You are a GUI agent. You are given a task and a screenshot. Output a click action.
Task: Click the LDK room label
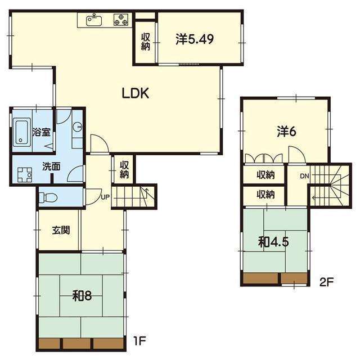tap(136, 94)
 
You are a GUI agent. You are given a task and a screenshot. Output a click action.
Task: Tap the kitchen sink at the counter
tap(93, 21)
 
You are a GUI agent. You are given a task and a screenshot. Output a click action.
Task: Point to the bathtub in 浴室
tap(22, 133)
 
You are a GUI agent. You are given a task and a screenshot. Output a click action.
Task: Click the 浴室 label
tap(42, 133)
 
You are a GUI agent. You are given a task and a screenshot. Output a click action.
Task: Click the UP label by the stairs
tap(105, 197)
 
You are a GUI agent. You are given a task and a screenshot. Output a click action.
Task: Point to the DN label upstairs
tap(304, 177)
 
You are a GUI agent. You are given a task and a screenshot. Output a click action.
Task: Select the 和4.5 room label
tap(270, 242)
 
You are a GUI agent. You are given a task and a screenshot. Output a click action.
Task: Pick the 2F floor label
tap(327, 281)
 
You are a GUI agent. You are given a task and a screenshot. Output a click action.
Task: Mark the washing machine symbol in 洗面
tap(24, 176)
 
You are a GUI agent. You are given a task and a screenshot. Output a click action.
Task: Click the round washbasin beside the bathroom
tap(78, 128)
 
